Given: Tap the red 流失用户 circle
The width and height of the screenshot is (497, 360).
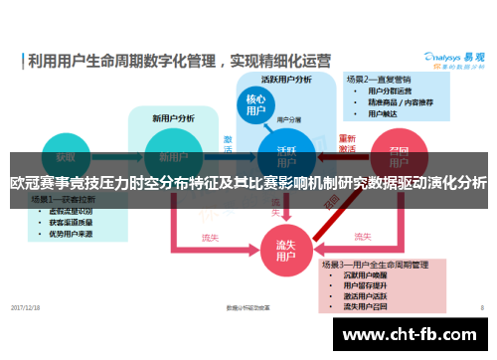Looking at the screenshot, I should (x=285, y=246).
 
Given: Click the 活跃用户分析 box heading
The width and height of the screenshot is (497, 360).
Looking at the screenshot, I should (x=286, y=79).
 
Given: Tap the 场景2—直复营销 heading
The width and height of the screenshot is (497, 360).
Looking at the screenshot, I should (x=379, y=79).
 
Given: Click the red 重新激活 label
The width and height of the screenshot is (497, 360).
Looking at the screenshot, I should (x=348, y=143).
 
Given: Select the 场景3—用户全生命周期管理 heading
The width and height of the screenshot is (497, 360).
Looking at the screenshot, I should (x=385, y=266).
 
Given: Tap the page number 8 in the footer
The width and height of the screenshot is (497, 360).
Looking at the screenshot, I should (x=481, y=307).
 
